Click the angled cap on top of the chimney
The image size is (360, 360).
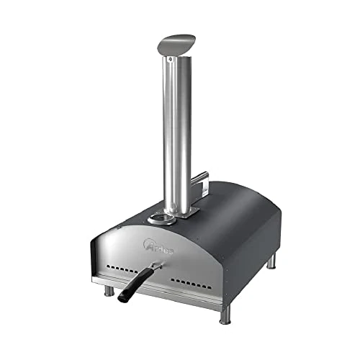tap(176, 41)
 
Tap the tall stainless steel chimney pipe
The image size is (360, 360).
tap(176, 130)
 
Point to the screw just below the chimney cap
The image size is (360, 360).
tap(171, 61)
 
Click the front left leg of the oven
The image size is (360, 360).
tap(109, 290)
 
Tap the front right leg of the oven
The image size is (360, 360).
tap(225, 312)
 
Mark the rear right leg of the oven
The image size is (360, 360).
tap(271, 261)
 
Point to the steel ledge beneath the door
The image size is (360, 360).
tap(166, 292)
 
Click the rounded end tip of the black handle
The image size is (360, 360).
tap(122, 297)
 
